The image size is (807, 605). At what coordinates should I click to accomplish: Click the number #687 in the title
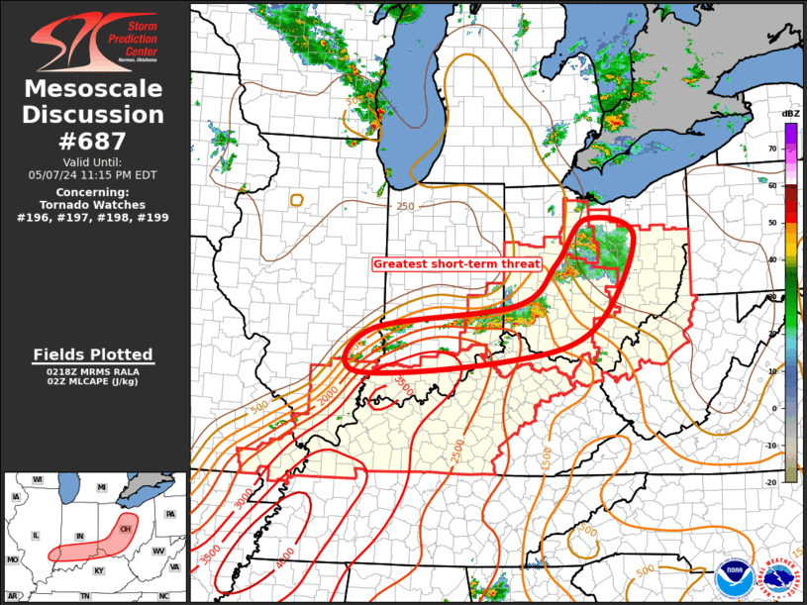tap(96, 141)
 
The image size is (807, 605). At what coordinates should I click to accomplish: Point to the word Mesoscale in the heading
tap(93, 89)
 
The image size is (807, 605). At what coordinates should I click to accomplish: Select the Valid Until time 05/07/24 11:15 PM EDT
tap(94, 174)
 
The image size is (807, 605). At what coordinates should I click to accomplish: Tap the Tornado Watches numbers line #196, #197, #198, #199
tap(94, 216)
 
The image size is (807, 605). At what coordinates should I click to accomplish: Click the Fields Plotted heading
tap(93, 354)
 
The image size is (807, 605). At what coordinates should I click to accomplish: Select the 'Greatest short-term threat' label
tap(456, 264)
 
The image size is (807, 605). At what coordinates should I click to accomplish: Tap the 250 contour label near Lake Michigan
tap(405, 206)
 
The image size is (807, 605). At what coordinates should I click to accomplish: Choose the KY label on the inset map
tap(98, 571)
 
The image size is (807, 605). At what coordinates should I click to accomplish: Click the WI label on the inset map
tap(38, 479)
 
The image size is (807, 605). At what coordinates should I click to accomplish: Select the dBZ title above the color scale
tap(790, 115)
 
